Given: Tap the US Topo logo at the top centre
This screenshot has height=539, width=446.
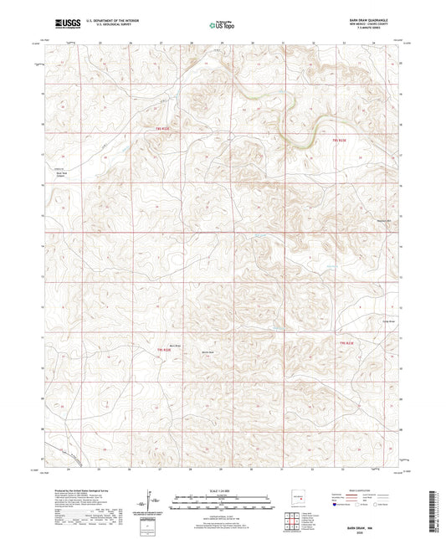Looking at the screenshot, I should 222,25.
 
